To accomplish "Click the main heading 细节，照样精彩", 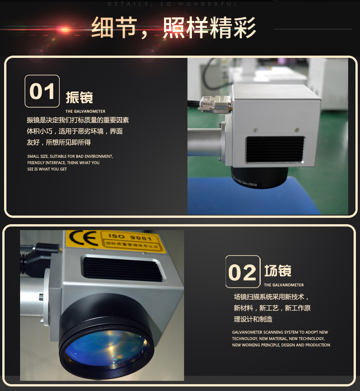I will click(173, 28).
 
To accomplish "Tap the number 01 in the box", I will click(42, 91).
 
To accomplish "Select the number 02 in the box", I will click(242, 273).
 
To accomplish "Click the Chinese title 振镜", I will click(79, 98).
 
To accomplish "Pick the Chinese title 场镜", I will click(278, 271).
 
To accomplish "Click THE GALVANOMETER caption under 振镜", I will click(85, 111).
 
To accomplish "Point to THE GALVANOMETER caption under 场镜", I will click(283, 285).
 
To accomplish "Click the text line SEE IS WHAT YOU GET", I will click(47, 169).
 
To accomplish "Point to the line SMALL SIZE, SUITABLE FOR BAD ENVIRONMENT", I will click(70, 156).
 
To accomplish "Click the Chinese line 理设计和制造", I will click(253, 319).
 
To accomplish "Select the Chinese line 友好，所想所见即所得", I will click(59, 142).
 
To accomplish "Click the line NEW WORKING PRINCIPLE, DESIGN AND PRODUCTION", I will click(281, 345).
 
